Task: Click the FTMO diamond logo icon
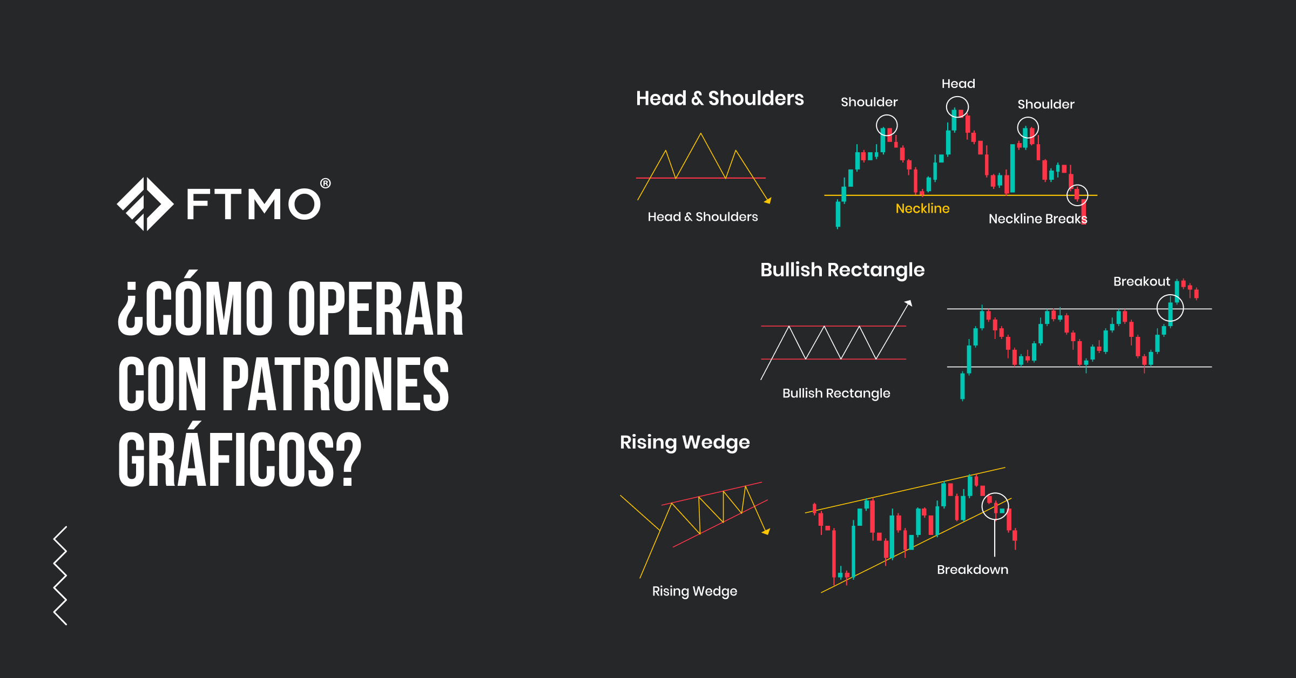click(x=145, y=204)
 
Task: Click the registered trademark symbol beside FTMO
click(x=325, y=184)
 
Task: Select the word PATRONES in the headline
click(x=335, y=384)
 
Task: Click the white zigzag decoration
click(x=60, y=575)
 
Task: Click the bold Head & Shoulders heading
click(x=720, y=98)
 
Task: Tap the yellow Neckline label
click(x=922, y=208)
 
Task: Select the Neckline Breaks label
click(x=1038, y=219)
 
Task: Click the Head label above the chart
click(x=959, y=84)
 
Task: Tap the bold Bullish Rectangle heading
click(x=842, y=270)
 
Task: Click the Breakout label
click(x=1142, y=281)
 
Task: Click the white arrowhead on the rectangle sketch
click(x=909, y=303)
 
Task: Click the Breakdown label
click(x=973, y=569)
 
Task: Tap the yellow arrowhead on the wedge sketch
click(x=766, y=532)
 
